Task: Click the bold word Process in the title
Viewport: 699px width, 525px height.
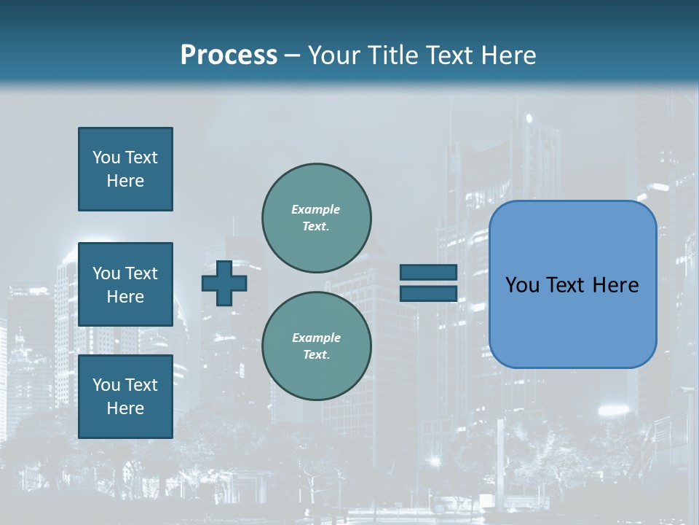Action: [229, 55]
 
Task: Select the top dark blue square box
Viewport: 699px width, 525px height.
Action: [125, 169]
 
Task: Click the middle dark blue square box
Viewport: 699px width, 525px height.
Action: [125, 284]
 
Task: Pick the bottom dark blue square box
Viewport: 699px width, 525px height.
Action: [125, 397]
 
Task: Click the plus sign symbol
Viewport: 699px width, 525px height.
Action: [224, 283]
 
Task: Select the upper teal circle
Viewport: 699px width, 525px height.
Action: [317, 217]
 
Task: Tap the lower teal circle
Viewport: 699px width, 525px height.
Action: [317, 346]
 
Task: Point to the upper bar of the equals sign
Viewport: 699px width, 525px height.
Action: [428, 272]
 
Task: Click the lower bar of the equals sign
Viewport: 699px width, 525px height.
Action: [428, 294]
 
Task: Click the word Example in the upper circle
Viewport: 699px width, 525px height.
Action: [316, 209]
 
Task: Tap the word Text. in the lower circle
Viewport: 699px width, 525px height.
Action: [317, 355]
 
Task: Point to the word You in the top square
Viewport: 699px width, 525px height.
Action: [106, 157]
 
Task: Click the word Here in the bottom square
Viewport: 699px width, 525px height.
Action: [125, 408]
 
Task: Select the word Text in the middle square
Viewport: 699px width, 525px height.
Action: [141, 273]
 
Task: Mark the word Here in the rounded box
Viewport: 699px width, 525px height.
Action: [618, 285]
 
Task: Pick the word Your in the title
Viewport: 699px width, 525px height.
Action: [334, 55]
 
